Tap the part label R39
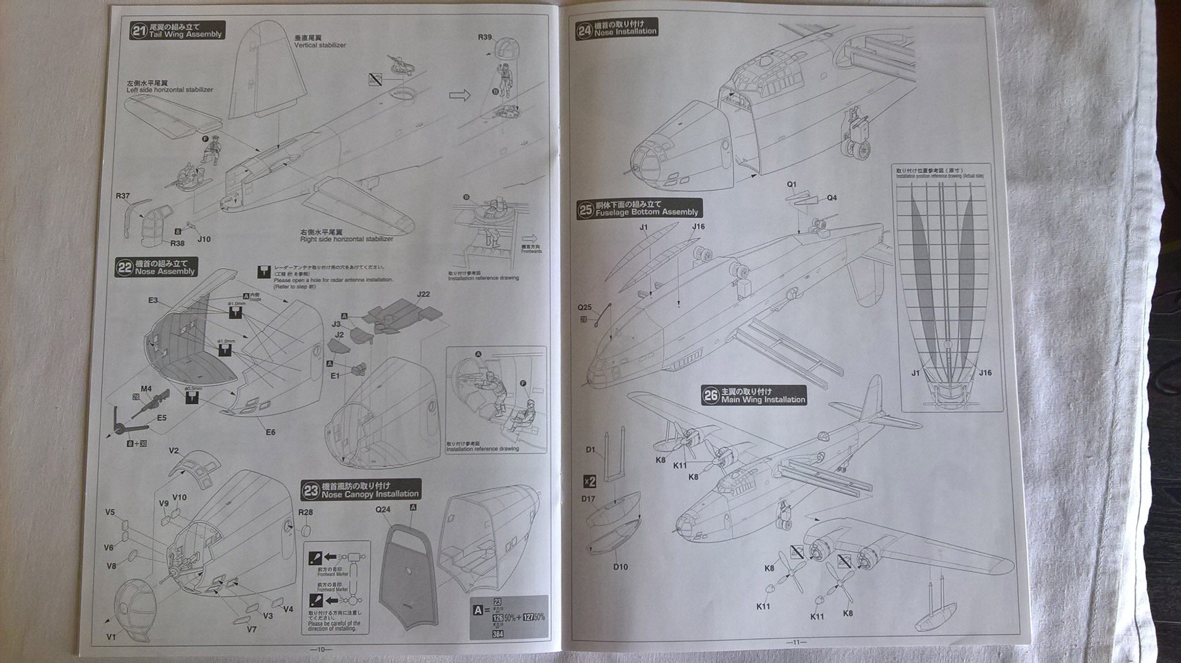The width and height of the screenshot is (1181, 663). [484, 37]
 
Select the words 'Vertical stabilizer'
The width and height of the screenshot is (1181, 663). [320, 45]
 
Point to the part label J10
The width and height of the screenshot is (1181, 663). [204, 239]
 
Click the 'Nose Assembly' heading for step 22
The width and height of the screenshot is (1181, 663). [165, 271]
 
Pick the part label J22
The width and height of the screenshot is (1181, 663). [423, 294]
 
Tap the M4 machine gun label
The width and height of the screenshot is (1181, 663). [146, 389]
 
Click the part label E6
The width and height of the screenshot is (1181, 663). [270, 432]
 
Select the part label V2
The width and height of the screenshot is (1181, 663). [173, 451]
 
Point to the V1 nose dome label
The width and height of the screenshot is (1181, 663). [111, 637]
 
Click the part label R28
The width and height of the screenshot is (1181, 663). [305, 512]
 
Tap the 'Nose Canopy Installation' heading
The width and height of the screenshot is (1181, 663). [370, 494]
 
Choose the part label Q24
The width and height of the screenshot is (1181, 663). [383, 509]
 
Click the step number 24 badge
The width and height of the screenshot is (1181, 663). [584, 31]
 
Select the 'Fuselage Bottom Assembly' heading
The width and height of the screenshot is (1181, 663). [647, 212]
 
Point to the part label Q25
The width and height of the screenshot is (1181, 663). [584, 307]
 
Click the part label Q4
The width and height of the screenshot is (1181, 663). [831, 198]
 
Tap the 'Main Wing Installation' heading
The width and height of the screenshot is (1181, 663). [763, 400]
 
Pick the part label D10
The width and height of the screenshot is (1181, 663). [620, 566]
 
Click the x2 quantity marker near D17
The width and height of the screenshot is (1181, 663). [590, 482]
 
